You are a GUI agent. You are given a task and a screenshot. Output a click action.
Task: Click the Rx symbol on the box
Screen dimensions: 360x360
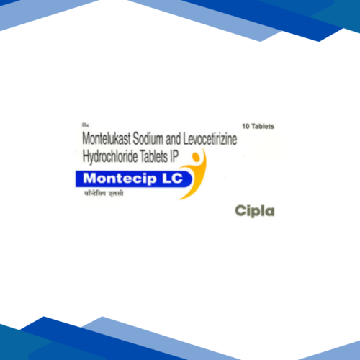(86, 125)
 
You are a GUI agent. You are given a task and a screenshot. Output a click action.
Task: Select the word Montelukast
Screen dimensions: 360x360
(112, 138)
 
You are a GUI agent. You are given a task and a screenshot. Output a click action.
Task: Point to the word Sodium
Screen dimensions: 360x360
(162, 138)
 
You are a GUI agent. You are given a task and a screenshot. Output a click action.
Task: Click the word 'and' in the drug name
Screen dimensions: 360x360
(192, 138)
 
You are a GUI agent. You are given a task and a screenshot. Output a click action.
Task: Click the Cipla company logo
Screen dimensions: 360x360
(255, 210)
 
